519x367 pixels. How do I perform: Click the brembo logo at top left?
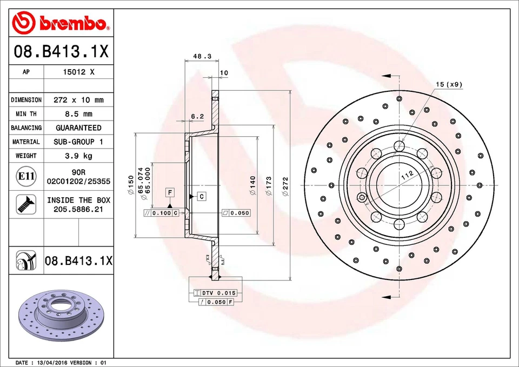pos(61,23)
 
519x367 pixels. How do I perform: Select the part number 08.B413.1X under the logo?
pos(61,52)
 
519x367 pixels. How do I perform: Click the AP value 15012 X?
pos(78,72)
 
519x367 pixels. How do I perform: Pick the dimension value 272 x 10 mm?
pos(78,100)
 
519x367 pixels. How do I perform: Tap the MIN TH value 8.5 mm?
pos(78,114)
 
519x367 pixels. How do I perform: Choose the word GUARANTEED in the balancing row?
pos(78,128)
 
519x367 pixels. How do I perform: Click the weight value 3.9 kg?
pos(78,156)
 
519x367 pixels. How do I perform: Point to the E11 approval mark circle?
pos(26,176)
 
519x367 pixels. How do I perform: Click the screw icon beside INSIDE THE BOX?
pos(26,204)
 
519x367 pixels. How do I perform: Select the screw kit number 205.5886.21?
pos(78,209)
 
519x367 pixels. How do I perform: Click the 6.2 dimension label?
pos(197,116)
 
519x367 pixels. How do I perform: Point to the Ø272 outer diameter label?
pos(285,184)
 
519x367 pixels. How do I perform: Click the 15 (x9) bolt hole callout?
pos(449,84)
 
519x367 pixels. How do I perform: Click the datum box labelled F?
pos(170,192)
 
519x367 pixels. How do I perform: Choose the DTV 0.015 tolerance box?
pos(215,293)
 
